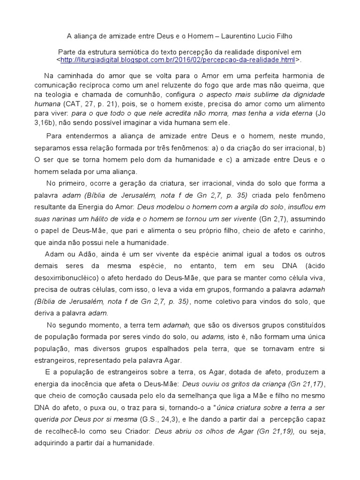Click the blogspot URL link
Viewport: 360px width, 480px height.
click(x=178, y=60)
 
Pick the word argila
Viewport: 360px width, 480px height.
click(x=252, y=207)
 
